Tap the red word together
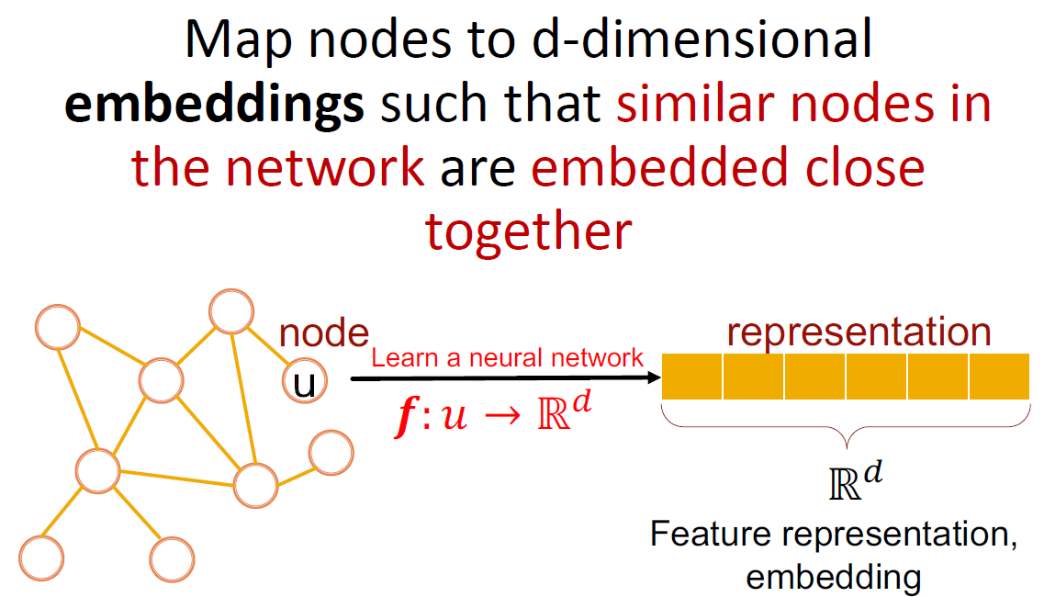coord(528,231)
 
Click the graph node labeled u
coord(303,384)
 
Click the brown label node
coord(324,334)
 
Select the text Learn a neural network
coord(508,357)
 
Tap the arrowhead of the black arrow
coord(655,377)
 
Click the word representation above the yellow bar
coord(859,332)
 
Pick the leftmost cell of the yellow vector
coord(692,377)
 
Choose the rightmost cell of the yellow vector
coord(999,377)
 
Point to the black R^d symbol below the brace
coord(858,481)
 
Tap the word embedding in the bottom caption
coord(833,576)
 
